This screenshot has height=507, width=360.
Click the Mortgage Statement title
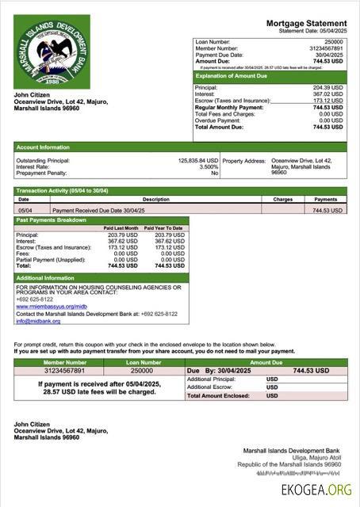click(306, 25)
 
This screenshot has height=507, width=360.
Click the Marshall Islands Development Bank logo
click(52, 51)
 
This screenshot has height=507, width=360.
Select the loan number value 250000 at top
click(334, 40)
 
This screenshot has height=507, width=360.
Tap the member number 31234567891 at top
click(327, 48)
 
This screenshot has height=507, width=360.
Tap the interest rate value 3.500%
click(208, 166)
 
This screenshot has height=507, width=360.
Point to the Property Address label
click(244, 160)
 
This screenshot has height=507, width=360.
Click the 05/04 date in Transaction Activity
click(25, 211)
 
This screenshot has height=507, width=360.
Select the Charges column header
click(283, 200)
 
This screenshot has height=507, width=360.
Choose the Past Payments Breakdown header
click(54, 220)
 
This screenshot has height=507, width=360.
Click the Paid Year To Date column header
click(165, 228)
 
